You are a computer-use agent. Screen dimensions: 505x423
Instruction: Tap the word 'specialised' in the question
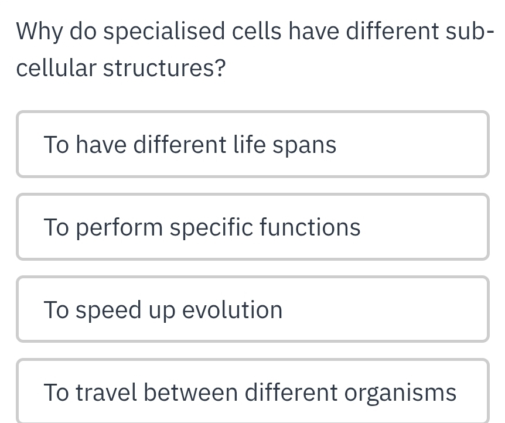(x=164, y=32)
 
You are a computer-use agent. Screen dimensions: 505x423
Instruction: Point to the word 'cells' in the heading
(x=257, y=31)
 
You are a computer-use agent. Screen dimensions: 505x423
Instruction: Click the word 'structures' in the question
(x=157, y=69)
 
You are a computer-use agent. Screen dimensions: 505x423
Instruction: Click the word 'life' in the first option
(x=250, y=144)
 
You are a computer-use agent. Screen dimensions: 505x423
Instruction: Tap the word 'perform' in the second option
(x=120, y=228)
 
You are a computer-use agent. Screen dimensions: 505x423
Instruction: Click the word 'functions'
(x=310, y=227)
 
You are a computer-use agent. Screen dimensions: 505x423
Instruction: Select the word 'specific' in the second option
(x=211, y=228)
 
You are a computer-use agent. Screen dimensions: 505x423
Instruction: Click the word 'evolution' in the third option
(x=232, y=310)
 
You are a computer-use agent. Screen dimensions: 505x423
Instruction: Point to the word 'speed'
(x=108, y=311)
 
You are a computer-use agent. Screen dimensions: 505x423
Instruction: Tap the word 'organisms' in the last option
(x=400, y=393)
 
